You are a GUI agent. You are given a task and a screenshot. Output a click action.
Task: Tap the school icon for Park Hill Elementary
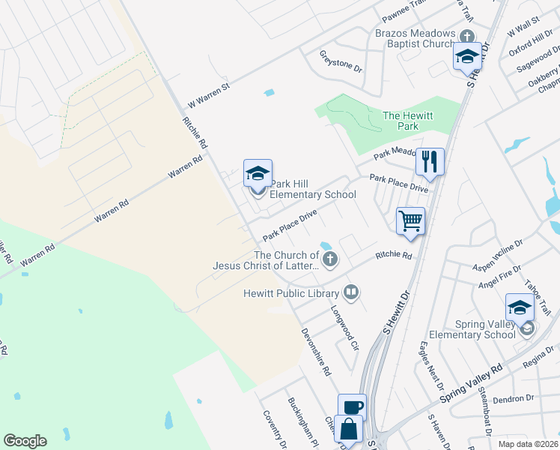pos(258,175)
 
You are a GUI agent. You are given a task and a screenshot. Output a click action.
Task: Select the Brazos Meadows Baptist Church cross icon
pos(467,37)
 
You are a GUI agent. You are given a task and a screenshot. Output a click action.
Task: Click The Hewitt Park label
pos(401,121)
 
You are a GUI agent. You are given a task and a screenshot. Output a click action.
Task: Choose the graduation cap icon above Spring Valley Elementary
pos(520,307)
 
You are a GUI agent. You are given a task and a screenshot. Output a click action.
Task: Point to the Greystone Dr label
pos(341,61)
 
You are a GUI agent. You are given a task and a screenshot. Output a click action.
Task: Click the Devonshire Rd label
pos(315,350)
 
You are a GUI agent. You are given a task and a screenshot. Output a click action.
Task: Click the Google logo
pos(25,441)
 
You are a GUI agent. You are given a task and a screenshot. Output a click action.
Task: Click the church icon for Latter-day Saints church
pos(329,259)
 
